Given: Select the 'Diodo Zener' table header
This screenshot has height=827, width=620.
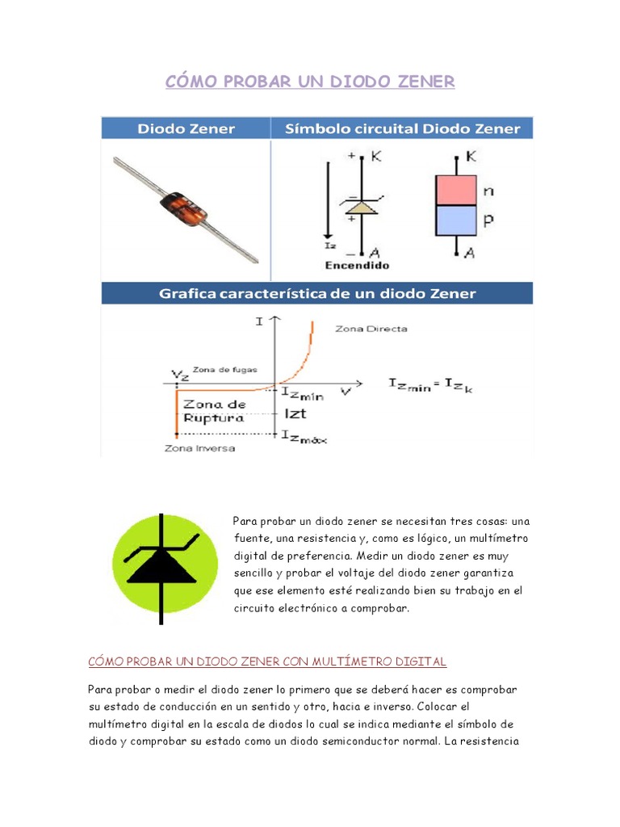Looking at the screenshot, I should pos(186,128).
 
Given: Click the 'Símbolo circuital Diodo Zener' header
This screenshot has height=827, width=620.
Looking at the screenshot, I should pos(400,128).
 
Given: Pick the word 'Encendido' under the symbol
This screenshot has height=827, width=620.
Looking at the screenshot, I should pos(357,265).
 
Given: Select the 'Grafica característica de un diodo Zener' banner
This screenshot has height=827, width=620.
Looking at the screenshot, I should pos(316,293).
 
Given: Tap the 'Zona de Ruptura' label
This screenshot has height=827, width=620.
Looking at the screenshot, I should pos(214,411).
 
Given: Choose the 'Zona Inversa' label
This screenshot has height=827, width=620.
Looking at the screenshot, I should pos(199,447).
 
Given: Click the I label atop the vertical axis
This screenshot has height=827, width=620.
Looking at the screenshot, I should pos(259,321).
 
